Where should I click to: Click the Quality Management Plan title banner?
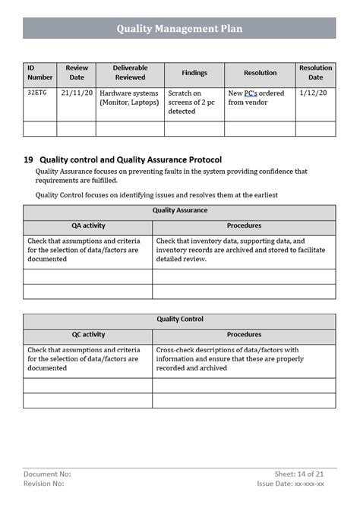pos(179,28)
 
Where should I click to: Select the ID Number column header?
pos(40,72)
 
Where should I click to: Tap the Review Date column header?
pos(77,72)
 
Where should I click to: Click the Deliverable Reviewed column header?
pos(129,72)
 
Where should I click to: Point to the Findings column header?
pos(194,73)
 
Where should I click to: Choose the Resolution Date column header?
pos(315,72)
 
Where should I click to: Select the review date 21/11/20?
pos(77,93)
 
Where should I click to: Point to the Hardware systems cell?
pos(129,98)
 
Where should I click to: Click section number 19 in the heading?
pos(28,160)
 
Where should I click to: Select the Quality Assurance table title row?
pos(179,210)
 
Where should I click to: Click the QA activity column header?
pos(87,225)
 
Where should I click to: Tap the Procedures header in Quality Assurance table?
pos(244,225)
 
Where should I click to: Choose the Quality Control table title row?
pos(179,320)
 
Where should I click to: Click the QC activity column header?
pos(87,335)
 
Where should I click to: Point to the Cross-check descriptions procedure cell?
pos(243,359)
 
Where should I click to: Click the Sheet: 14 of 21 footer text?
pos(300,473)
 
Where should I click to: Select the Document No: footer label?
pos(47,473)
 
